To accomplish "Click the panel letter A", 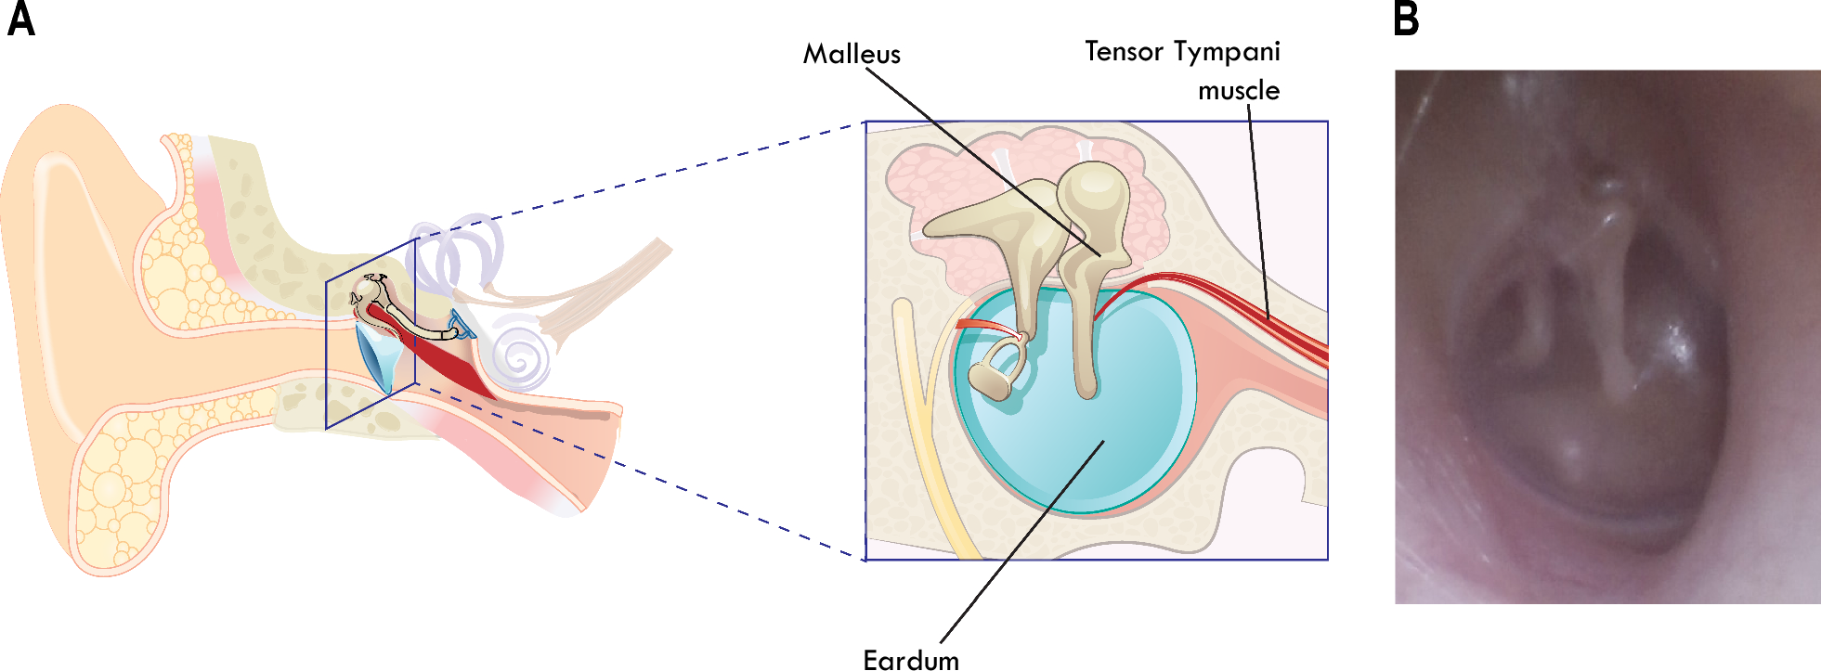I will pyautogui.click(x=20, y=19).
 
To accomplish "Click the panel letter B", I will pyautogui.click(x=1406, y=19).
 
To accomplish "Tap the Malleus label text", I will pyautogui.click(x=851, y=54).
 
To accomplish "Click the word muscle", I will pyautogui.click(x=1238, y=91).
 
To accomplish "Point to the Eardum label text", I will pyautogui.click(x=910, y=659).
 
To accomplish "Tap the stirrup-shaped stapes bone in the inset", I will pyautogui.click(x=995, y=371).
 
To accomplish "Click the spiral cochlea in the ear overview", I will pyautogui.click(x=520, y=357).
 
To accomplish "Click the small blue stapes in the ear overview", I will pyautogui.click(x=457, y=324).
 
